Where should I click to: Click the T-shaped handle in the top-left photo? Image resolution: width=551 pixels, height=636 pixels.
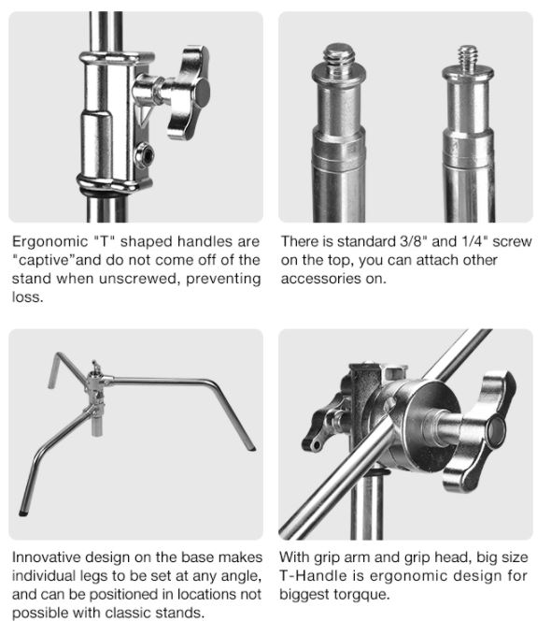click(x=189, y=93)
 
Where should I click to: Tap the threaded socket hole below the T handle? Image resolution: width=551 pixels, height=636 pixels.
click(x=145, y=155)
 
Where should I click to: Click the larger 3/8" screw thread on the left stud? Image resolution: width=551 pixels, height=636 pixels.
click(x=339, y=57)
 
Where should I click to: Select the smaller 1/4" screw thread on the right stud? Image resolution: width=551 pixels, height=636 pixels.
click(x=468, y=56)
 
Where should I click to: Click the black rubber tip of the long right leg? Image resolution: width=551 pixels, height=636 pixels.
click(x=252, y=449)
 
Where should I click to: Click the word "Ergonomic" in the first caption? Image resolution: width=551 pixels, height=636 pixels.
click(x=49, y=241)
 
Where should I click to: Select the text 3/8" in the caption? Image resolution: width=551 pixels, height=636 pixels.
click(x=413, y=241)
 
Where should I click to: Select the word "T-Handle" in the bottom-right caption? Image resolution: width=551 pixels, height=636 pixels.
click(x=313, y=576)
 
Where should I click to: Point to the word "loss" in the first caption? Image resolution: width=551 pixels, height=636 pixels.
click(x=27, y=297)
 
